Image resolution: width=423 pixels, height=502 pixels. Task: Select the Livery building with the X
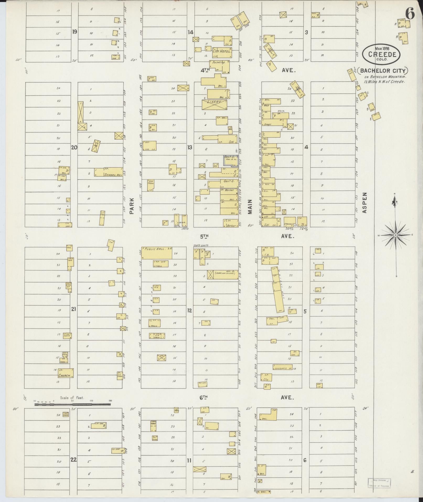[214, 105]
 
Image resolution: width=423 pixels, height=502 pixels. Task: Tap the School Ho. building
[109, 172]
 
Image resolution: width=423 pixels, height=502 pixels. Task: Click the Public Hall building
[157, 253]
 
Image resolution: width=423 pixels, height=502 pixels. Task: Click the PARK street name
[132, 206]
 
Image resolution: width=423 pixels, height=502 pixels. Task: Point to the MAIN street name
[250, 207]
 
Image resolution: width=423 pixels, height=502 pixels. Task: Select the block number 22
[74, 459]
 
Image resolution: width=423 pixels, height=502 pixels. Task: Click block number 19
[75, 32]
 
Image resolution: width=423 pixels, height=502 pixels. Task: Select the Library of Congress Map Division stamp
[379, 483]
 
